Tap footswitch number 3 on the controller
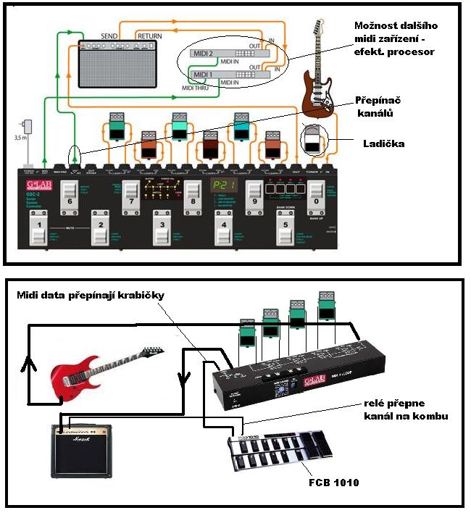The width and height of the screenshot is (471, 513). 160,228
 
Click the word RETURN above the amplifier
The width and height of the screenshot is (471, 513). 150,35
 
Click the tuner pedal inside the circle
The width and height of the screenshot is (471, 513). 312,139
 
